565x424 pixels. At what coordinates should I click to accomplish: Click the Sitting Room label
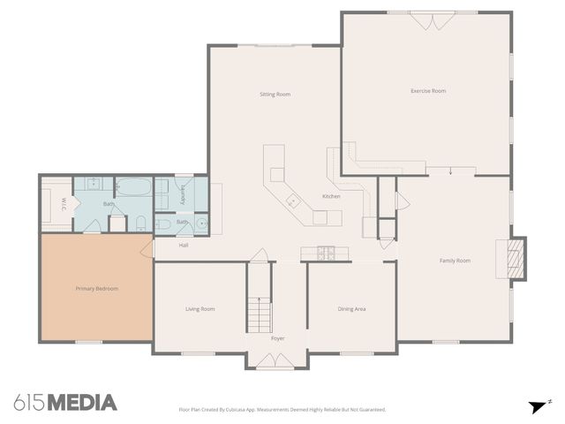pyautogui.click(x=275, y=95)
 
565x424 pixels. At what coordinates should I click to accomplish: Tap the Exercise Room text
pyautogui.click(x=428, y=91)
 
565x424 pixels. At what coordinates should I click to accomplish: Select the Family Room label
pyautogui.click(x=456, y=261)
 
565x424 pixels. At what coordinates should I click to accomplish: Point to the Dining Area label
pyautogui.click(x=351, y=309)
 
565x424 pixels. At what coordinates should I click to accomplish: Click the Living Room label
pyautogui.click(x=200, y=309)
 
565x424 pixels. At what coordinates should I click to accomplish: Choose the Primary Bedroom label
pyautogui.click(x=96, y=289)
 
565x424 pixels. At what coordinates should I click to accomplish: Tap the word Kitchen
pyautogui.click(x=331, y=196)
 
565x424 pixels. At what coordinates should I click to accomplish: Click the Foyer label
pyautogui.click(x=277, y=338)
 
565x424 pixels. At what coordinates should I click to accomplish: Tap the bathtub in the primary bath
pyautogui.click(x=134, y=187)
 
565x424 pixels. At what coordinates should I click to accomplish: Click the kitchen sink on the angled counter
pyautogui.click(x=291, y=204)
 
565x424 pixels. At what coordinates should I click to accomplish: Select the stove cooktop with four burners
pyautogui.click(x=324, y=253)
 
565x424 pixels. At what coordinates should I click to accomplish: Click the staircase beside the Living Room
pyautogui.click(x=259, y=314)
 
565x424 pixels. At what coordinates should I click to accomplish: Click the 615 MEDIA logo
pyautogui.click(x=65, y=403)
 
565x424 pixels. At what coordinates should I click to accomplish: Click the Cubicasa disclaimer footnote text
pyautogui.click(x=282, y=409)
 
